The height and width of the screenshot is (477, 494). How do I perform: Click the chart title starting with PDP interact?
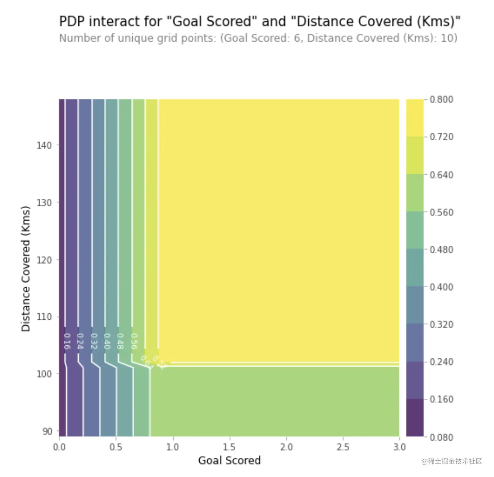(x=259, y=22)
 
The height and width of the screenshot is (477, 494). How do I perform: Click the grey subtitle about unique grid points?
(x=258, y=38)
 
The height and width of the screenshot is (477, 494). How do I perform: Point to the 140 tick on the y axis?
(x=44, y=146)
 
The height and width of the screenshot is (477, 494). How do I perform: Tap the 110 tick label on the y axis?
(x=44, y=317)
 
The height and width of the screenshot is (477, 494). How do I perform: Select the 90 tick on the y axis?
(x=47, y=431)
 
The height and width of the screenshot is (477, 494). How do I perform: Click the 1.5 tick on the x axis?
(x=230, y=447)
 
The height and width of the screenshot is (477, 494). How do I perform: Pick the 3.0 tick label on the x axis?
(x=399, y=447)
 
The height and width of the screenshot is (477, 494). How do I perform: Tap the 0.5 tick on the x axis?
(x=116, y=447)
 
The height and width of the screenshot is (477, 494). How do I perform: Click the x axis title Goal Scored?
(x=230, y=460)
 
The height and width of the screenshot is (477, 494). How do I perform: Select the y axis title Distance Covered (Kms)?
(x=26, y=269)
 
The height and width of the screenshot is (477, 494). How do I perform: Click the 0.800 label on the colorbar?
(x=441, y=99)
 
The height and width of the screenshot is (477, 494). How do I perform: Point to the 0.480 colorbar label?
(x=441, y=249)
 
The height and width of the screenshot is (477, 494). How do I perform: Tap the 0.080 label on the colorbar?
(x=441, y=437)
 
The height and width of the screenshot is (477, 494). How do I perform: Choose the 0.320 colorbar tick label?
(x=441, y=324)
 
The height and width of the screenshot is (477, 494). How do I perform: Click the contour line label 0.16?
(x=67, y=341)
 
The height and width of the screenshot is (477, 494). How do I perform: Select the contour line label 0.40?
(x=107, y=341)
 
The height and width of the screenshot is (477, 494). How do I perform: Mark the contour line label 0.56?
(x=134, y=341)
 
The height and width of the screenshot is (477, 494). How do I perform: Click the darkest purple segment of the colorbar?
(x=415, y=418)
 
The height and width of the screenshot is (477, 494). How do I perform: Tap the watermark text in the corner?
(x=452, y=461)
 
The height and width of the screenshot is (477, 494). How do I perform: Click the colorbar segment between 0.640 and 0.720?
(x=415, y=155)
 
